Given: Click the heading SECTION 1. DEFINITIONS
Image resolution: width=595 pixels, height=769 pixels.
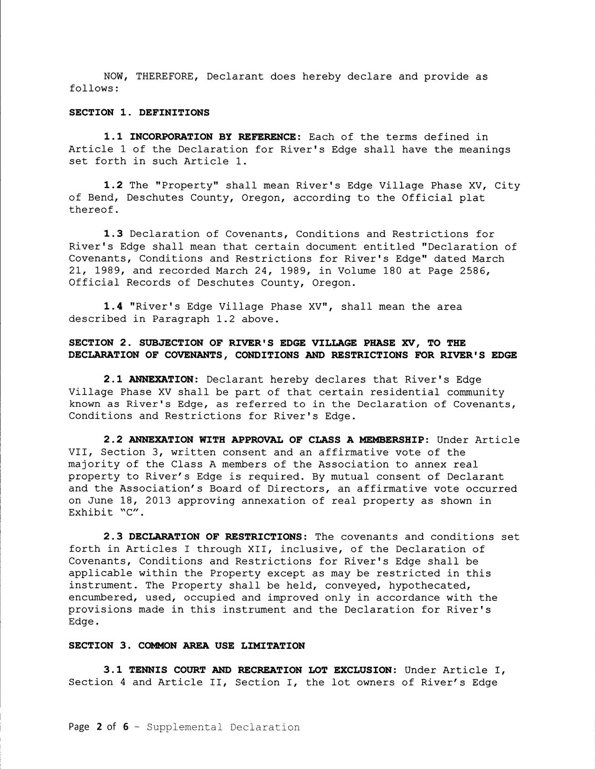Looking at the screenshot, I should click(139, 113).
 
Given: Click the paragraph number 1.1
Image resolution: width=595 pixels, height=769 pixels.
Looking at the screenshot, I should click(113, 137).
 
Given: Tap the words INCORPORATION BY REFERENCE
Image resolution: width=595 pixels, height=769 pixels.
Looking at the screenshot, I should click(212, 137).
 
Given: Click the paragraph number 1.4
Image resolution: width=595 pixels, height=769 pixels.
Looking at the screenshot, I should click(113, 307).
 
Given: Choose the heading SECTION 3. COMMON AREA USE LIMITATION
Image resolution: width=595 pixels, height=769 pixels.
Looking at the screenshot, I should click(186, 646).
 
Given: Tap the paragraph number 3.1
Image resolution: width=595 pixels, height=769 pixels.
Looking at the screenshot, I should click(113, 670).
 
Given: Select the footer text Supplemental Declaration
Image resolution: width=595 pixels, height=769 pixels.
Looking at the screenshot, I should click(223, 727).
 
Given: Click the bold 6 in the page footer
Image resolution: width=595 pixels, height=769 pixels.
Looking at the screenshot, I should click(125, 727).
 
